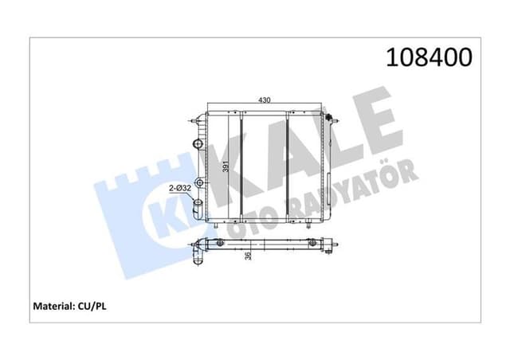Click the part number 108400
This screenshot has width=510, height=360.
point(430,57)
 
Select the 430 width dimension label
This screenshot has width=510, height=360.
point(263,100)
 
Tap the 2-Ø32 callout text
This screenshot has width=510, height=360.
point(179,188)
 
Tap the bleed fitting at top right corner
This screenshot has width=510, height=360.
point(328,116)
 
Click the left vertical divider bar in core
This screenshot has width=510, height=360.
point(241,167)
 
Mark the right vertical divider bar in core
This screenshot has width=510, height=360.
point(287,167)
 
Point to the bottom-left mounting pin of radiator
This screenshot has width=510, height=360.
point(216,228)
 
